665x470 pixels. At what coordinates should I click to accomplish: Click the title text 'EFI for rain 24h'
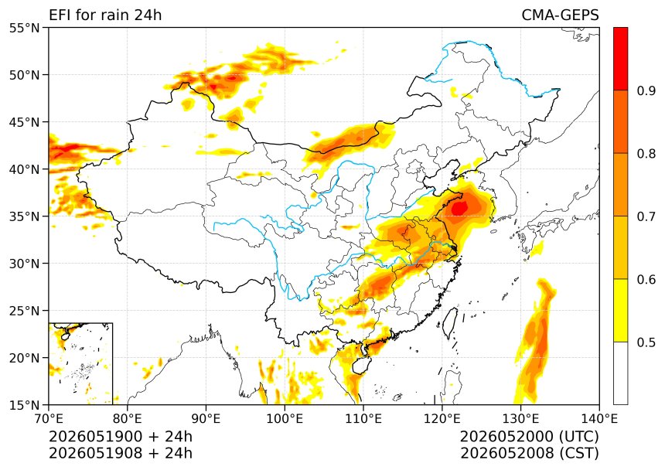[105, 15]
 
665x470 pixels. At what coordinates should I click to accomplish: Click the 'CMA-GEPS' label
[560, 15]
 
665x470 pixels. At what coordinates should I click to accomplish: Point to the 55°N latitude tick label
[24, 28]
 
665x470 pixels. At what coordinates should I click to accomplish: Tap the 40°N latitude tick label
[24, 169]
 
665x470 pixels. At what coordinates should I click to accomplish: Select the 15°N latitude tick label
[24, 405]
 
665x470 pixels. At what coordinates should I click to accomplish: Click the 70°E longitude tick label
[49, 419]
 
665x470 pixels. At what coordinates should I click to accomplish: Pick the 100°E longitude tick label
[285, 419]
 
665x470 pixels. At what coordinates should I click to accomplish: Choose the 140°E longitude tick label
[598, 419]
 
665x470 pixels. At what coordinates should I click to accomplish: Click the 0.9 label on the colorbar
[646, 90]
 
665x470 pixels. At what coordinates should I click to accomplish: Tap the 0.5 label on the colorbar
[646, 342]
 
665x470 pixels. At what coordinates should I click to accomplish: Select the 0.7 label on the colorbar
[646, 216]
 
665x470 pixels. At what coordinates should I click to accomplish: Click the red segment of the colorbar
[620, 59]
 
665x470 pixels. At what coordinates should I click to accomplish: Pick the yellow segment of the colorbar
[620, 310]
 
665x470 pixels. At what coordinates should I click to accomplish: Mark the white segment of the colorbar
[620, 373]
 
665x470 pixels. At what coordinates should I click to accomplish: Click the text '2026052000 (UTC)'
[530, 436]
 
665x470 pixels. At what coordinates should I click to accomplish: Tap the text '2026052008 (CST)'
[530, 453]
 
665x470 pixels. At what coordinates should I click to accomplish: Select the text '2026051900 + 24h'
[121, 436]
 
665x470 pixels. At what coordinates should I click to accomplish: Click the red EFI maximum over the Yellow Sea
[460, 208]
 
